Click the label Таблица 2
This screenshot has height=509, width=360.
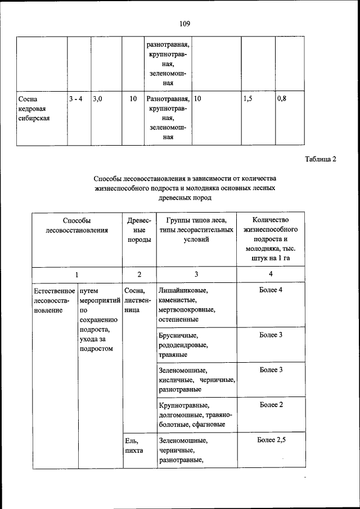(320, 159)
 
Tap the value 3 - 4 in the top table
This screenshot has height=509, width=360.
(76, 99)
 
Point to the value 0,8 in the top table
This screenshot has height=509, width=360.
(282, 99)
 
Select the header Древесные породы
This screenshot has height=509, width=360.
(139, 230)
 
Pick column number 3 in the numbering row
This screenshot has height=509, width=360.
(196, 274)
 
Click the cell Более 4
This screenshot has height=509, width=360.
(271, 290)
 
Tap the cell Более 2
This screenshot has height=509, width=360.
(271, 405)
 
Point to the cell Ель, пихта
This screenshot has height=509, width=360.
(134, 446)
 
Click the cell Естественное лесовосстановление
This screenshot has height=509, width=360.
(54, 300)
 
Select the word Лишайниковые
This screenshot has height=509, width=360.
(183, 291)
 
